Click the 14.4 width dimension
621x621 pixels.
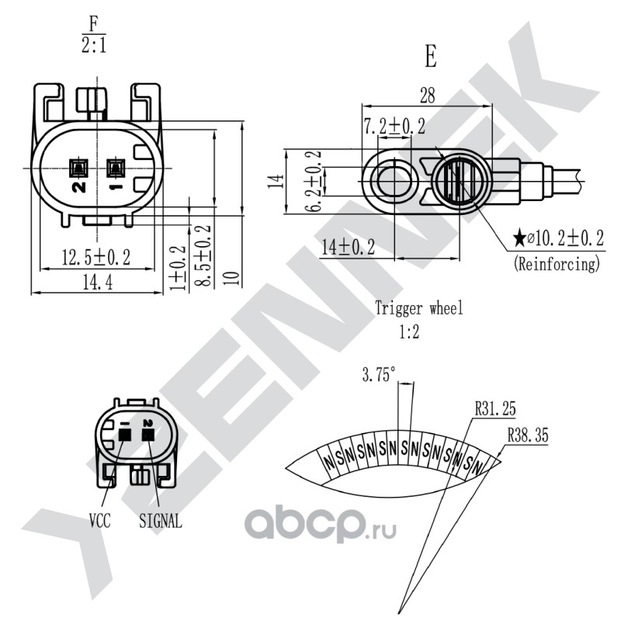click(98, 283)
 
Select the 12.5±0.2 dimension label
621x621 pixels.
click(96, 258)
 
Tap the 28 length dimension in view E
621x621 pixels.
click(428, 95)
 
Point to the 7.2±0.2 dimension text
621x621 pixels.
click(394, 127)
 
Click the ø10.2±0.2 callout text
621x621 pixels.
click(565, 238)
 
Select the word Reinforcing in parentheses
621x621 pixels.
click(557, 264)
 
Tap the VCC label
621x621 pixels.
click(100, 520)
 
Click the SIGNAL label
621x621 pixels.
click(161, 521)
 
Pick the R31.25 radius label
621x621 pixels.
click(495, 409)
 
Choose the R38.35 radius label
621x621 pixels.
click(528, 435)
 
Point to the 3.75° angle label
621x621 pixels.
click(379, 374)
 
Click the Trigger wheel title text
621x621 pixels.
click(419, 308)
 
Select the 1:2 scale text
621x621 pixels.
click(409, 332)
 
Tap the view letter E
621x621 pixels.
click(431, 56)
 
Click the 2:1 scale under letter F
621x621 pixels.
click(94, 45)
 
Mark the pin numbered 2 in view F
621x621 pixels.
click(79, 168)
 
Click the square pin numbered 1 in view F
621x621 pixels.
click(116, 168)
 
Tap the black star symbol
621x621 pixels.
click(519, 238)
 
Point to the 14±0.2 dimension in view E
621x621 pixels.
click(348, 247)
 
